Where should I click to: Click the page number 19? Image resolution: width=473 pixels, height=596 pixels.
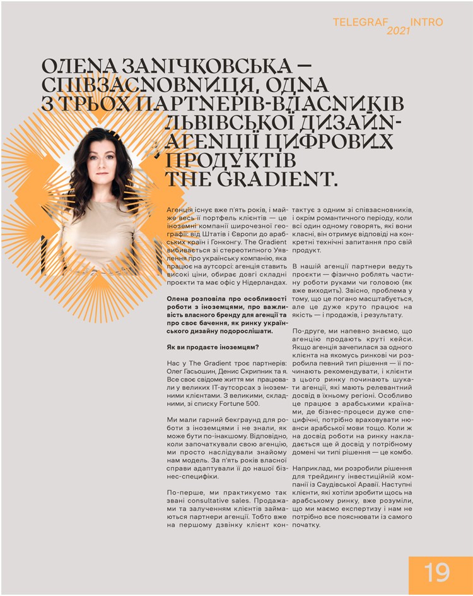point(436,573)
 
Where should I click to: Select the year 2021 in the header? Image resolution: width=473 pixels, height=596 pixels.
point(399,31)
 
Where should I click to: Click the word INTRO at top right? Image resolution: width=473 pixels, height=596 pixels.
point(427,22)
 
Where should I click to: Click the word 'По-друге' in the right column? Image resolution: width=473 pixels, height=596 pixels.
point(311,331)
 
